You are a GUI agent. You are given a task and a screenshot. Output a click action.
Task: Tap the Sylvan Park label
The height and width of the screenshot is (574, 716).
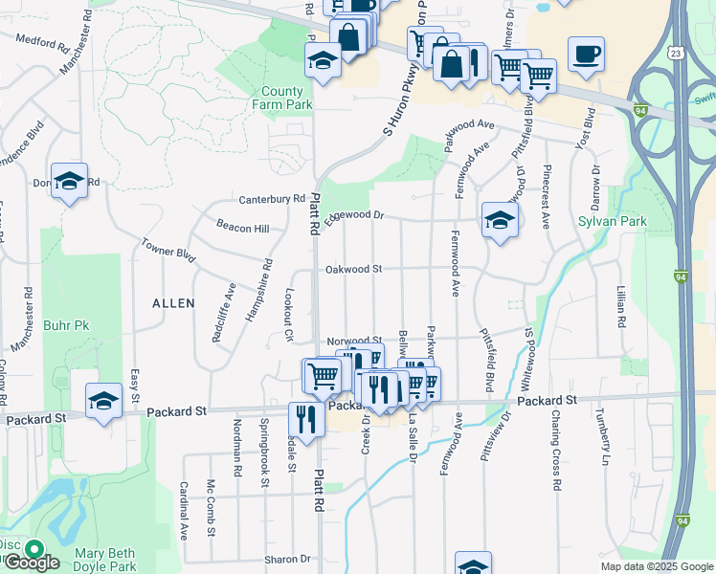[613, 222]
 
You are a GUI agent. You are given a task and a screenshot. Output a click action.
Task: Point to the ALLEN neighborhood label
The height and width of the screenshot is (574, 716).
[173, 303]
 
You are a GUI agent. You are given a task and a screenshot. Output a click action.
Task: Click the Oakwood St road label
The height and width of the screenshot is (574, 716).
[353, 270]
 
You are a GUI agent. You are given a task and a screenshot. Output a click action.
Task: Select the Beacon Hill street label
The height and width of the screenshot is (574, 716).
[242, 227]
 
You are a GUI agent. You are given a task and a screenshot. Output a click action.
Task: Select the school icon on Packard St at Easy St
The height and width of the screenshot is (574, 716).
[103, 401]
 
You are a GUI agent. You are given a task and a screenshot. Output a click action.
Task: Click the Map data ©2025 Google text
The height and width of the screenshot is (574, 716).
[656, 566]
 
